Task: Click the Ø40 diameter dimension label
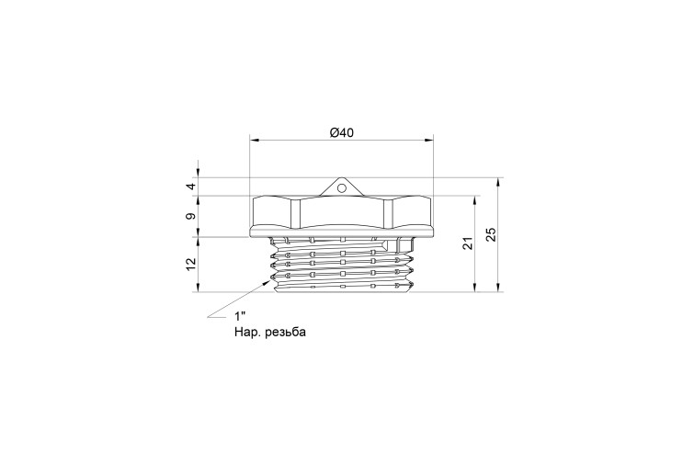pos(342,132)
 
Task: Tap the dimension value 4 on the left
pos(191,187)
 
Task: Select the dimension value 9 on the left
pos(191,216)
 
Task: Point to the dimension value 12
pos(191,265)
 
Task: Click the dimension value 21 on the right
pos(467,243)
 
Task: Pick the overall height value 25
pos(491,234)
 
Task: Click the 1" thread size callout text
pos(241,316)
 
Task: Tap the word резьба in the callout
pos(285,332)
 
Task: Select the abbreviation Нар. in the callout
pos(248,332)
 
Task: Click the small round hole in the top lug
pos(342,188)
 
